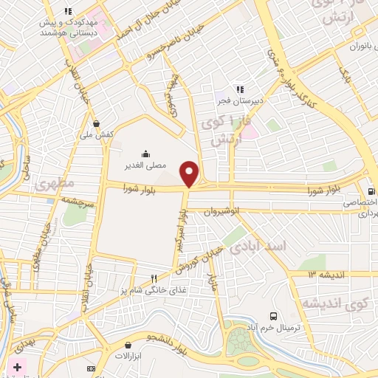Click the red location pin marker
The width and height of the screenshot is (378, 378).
(190, 173)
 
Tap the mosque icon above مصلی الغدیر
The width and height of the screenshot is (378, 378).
(145, 154)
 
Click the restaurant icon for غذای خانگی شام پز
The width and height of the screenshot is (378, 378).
(154, 279)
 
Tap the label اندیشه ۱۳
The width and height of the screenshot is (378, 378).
(323, 274)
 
